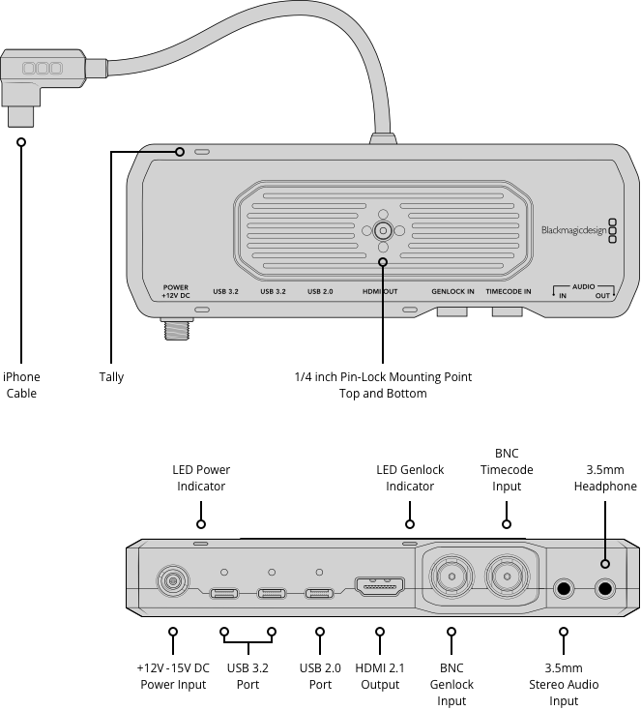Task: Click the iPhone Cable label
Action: tap(21, 385)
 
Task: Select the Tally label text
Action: tap(111, 377)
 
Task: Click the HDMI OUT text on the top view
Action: tap(380, 291)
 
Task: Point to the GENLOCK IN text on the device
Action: tap(452, 291)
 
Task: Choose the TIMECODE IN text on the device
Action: tap(509, 291)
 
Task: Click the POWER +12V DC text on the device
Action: tap(176, 290)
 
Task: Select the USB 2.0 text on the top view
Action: tap(320, 291)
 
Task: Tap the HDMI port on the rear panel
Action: tap(380, 586)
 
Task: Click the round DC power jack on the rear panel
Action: tap(173, 581)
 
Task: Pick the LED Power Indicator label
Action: tap(201, 478)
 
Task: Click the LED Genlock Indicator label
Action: tap(410, 478)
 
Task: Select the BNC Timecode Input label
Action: tap(507, 469)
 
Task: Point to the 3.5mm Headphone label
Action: tap(605, 478)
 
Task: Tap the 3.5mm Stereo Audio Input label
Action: tap(563, 684)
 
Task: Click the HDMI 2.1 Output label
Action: tap(380, 676)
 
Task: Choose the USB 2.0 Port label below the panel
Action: tap(320, 676)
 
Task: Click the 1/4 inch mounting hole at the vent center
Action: tap(383, 231)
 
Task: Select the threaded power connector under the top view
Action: tap(176, 329)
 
